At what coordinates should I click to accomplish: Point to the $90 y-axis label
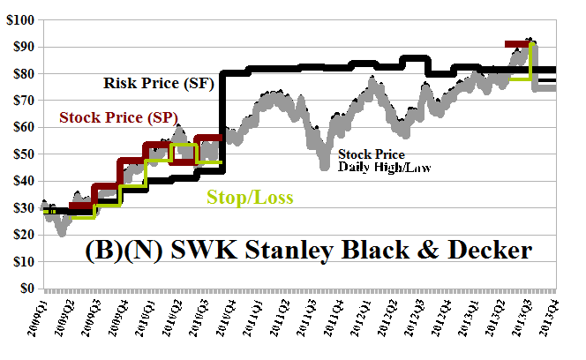pyautogui.click(x=20, y=46)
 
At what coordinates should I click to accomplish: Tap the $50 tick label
pyautogui.click(x=20, y=154)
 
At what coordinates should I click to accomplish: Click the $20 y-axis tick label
pyautogui.click(x=20, y=235)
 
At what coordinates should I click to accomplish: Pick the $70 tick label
pyautogui.click(x=20, y=100)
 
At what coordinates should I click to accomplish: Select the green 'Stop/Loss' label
pyautogui.click(x=250, y=196)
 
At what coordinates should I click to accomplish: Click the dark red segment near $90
pyautogui.click(x=516, y=43)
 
